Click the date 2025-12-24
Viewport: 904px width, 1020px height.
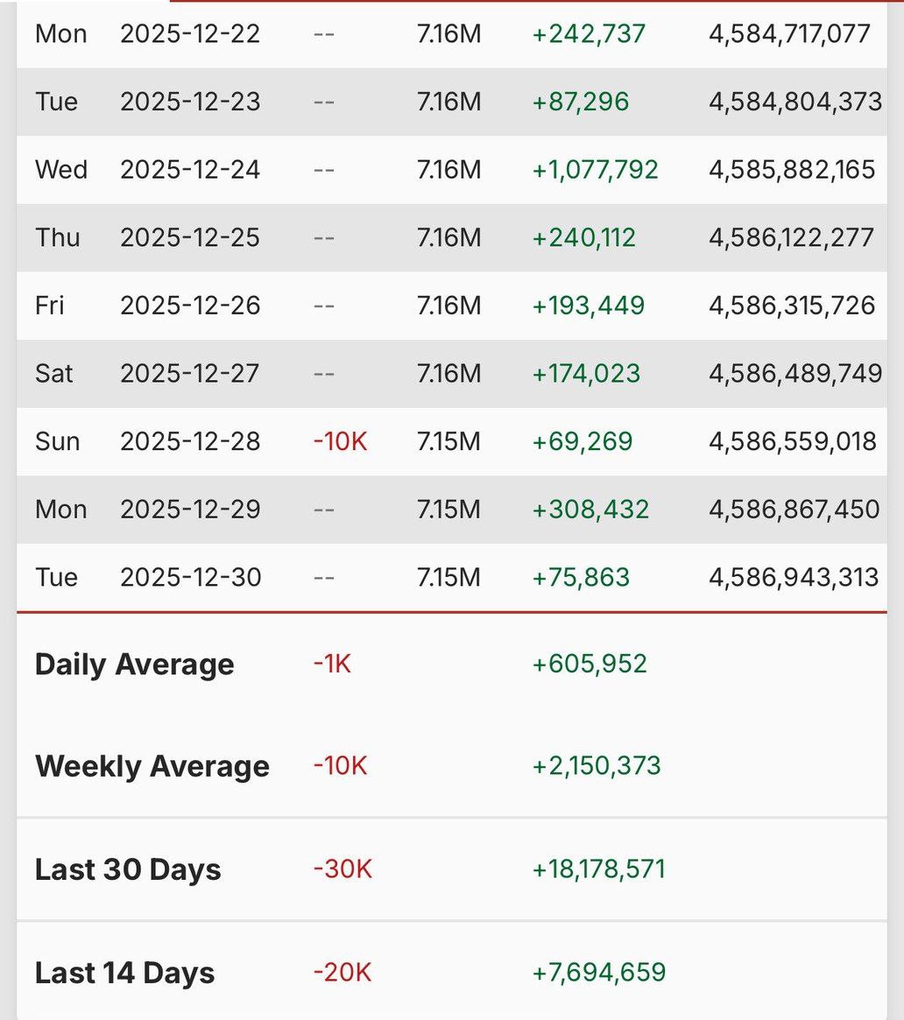[x=190, y=169]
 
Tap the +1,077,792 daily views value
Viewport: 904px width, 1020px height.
[x=595, y=169]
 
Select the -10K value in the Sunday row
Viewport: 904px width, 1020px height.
[x=340, y=441]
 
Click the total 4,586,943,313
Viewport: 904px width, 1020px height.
[x=794, y=577]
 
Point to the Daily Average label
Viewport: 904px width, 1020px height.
[x=135, y=665]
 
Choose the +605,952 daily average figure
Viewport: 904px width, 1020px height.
[x=590, y=664]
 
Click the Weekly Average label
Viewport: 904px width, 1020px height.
[x=152, y=766]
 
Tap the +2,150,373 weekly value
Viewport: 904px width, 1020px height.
[x=597, y=766]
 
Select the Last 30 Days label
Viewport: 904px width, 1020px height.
[x=128, y=869]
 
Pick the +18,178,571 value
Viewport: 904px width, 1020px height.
[x=599, y=869]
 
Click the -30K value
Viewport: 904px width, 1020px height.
[x=343, y=869]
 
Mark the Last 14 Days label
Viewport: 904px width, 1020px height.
[x=125, y=973]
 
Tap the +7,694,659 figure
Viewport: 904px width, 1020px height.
[x=599, y=973]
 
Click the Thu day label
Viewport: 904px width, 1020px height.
[x=58, y=237]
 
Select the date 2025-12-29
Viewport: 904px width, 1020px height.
[x=190, y=509]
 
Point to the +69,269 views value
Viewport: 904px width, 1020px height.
[x=583, y=441]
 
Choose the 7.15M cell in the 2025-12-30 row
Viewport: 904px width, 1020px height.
[x=448, y=577]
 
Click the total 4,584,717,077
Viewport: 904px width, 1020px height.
[x=789, y=34]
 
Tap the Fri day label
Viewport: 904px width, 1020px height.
[x=50, y=306]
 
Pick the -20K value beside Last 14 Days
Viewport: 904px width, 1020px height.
[x=343, y=973]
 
